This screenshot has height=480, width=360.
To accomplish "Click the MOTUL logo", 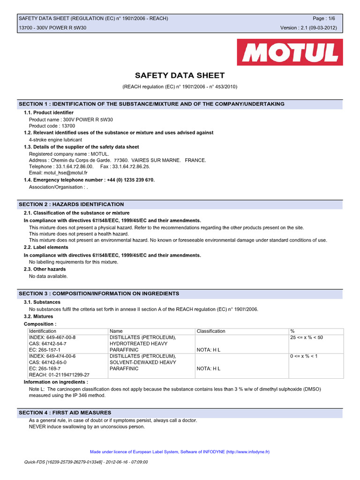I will pos(290,52).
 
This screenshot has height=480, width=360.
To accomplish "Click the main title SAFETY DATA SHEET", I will pos(180,75).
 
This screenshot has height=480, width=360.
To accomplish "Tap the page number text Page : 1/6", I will pos(324,18).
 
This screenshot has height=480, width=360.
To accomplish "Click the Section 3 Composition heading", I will pos(99,293).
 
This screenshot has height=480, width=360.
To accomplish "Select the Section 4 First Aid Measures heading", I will pos(65,412).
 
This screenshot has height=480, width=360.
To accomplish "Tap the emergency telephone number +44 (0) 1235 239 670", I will pos(127,180).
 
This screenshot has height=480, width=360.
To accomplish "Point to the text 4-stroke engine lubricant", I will pos(55,140).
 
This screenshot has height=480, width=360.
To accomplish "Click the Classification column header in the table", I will pos(211,331).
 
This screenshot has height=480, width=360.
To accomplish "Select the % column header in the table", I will pos(292,331).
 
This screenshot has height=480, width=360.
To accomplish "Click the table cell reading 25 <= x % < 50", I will pos(307,337).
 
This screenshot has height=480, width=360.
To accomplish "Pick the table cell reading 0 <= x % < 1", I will pos(304,356).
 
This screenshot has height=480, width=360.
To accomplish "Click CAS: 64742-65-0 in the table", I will pos(48,362).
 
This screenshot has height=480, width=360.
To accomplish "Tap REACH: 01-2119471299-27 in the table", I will pos(59,375).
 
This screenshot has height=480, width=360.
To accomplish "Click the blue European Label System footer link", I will pos(180,452).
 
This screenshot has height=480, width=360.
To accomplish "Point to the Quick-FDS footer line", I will pos(86,462).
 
